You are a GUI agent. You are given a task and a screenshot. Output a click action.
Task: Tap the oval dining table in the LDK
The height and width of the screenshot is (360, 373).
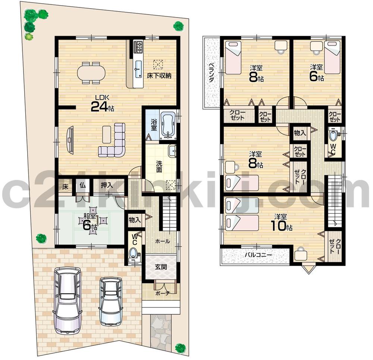(x=91, y=72)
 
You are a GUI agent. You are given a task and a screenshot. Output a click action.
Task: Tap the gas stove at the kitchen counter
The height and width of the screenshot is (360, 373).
(x=138, y=46)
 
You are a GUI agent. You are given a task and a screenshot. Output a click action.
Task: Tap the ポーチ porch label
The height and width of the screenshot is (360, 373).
(x=161, y=294)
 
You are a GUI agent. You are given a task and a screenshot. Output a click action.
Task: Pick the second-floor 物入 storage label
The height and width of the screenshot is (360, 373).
(x=300, y=133)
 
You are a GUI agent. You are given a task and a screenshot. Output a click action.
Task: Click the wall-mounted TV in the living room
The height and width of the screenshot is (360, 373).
(x=70, y=139)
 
